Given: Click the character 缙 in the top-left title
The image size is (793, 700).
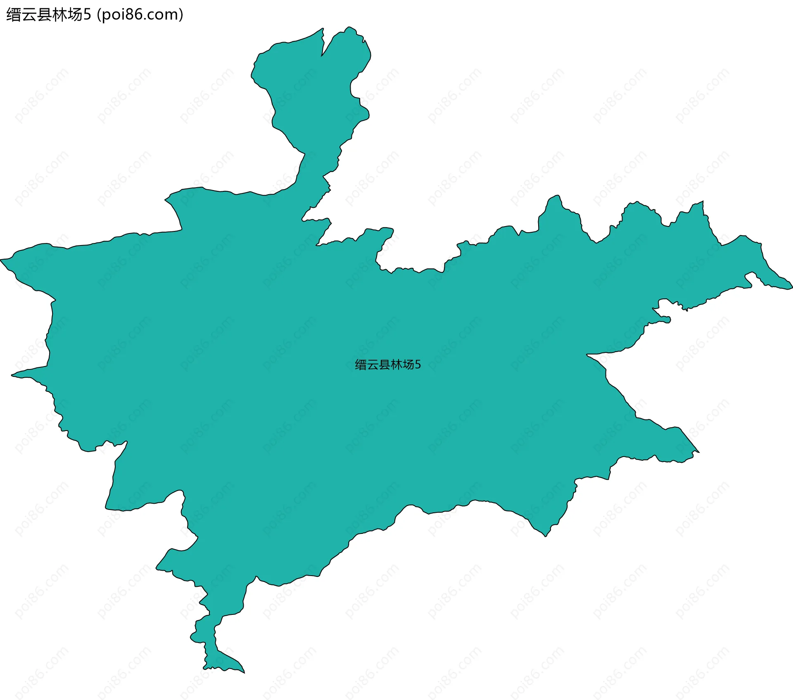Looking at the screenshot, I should pos(14,15).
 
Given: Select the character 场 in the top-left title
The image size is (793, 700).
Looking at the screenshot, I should pos(75,15).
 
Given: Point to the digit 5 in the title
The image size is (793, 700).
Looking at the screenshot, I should pos(87,15).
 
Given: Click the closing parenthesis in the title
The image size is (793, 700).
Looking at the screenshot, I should pos(181,15).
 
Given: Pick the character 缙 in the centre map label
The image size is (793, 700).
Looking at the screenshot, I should pos(361,364).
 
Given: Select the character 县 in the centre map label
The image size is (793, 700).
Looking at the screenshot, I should pos(385,364).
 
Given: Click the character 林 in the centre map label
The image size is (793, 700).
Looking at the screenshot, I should pos(396,364).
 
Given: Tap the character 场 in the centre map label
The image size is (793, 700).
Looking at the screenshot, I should pos(408,364).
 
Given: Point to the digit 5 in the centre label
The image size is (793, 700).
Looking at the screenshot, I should pos(418,364).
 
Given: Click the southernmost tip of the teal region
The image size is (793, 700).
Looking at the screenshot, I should pos(244,673).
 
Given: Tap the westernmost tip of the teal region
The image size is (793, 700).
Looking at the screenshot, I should pos(1,260).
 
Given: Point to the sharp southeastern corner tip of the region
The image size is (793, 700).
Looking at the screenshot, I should pos(698,452).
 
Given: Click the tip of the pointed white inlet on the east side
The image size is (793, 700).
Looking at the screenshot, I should pos(587,355).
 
